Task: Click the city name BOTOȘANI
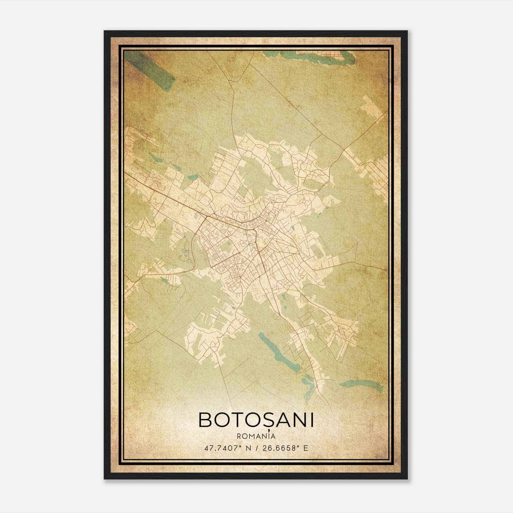point(256,420)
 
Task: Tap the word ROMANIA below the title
point(256,436)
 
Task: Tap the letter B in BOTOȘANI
point(206,420)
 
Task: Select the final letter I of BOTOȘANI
point(311,420)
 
